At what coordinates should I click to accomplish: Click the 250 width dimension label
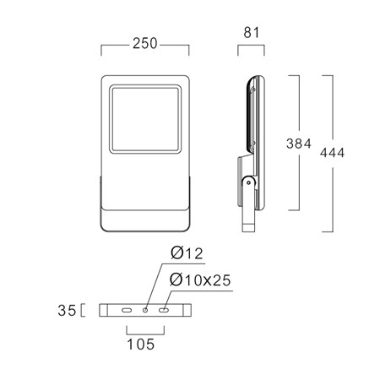pos(145,43)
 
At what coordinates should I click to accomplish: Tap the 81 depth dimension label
pos(251,33)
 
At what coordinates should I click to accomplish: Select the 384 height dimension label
pos(299,144)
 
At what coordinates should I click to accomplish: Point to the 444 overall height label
pos(332,153)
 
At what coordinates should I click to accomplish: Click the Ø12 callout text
pos(187,253)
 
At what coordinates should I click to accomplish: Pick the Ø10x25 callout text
pos(200,280)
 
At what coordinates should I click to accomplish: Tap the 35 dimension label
pos(67,311)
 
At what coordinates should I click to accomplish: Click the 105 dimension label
pos(141,345)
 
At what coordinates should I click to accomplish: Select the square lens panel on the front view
pos(145,119)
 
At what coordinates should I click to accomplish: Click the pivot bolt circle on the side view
pos(248,182)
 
